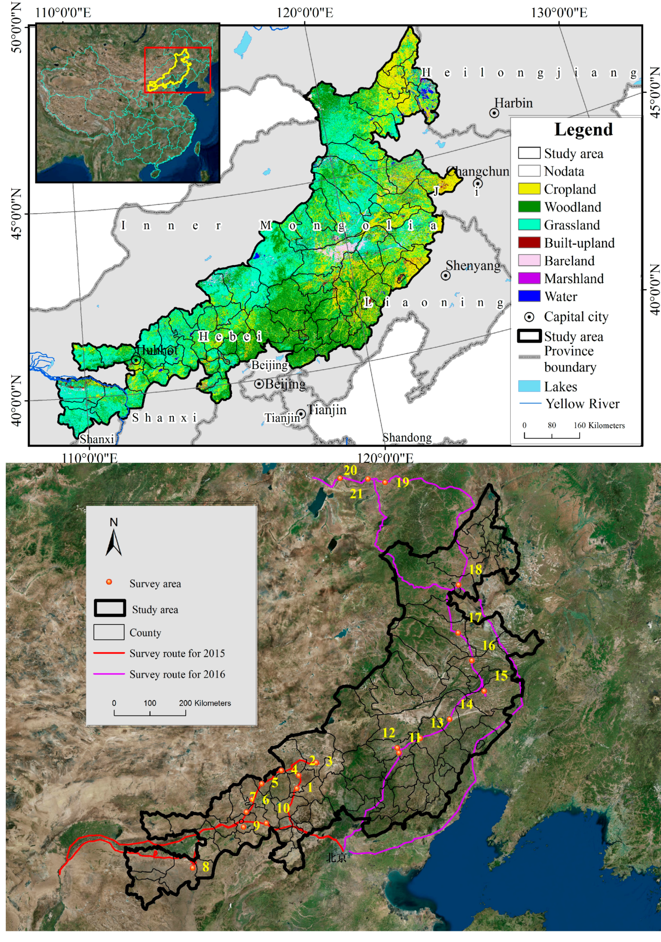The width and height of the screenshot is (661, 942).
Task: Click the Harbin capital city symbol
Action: coord(494,113)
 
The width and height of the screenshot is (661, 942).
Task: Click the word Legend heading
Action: coord(583,129)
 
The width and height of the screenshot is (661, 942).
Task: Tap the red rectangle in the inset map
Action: coord(178,70)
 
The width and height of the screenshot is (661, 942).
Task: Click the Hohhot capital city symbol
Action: coord(136,360)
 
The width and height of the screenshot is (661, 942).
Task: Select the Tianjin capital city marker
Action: coord(301,414)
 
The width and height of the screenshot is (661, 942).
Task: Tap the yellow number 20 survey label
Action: coord(350,470)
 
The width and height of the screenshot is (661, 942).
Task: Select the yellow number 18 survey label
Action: coord(475,569)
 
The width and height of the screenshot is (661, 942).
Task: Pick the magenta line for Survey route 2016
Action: coord(109,674)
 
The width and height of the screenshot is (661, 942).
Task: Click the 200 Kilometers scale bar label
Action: coord(205,703)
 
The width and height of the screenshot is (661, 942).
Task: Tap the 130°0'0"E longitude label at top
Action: coord(559,13)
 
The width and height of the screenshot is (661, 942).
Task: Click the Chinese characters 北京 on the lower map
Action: coord(336,857)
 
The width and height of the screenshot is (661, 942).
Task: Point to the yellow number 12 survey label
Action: coord(388,732)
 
